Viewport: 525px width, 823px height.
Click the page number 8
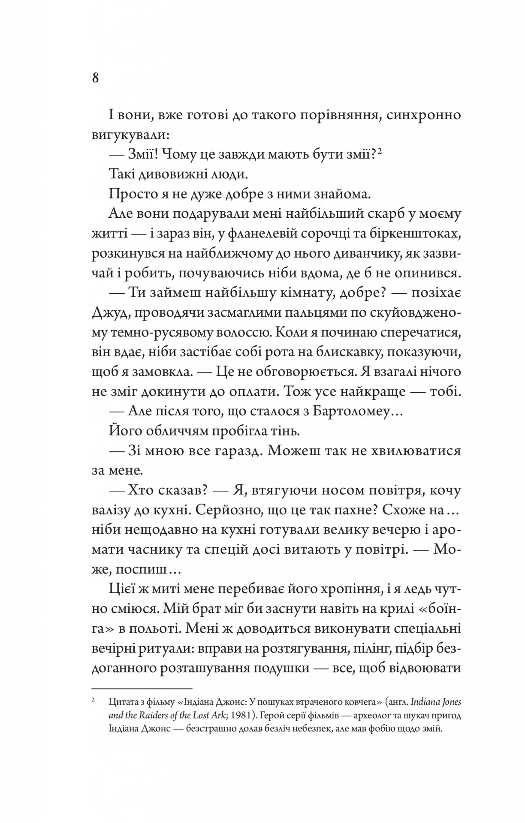click(x=95, y=78)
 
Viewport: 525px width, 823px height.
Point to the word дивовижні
click(x=175, y=174)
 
